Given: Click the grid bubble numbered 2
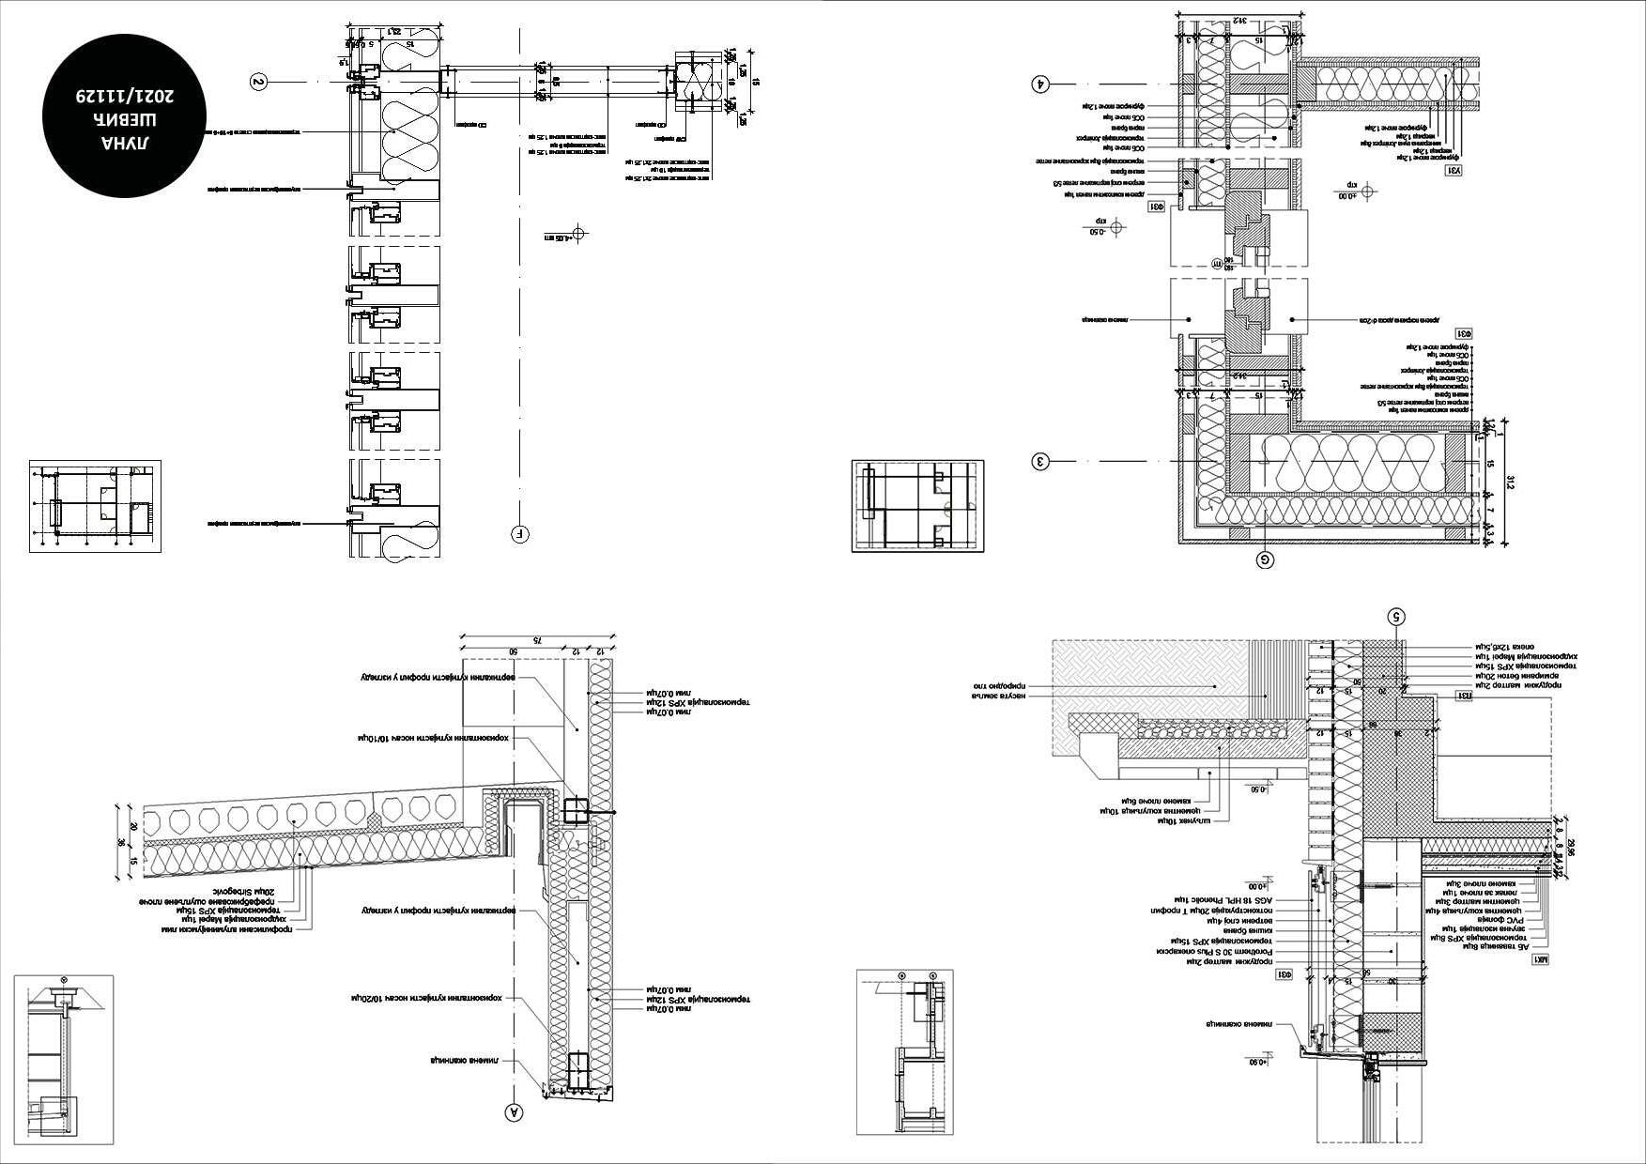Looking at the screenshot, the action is point(259,82).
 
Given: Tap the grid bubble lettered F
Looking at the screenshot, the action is point(520,535).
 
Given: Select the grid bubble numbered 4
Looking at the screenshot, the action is point(1039,83).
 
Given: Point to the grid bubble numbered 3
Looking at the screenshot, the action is point(1039,461).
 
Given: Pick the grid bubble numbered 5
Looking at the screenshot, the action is point(1397,617).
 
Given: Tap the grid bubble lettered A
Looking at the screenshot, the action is point(514,1112).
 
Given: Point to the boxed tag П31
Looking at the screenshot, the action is point(1463,696).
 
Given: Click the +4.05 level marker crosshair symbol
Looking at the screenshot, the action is point(578,232).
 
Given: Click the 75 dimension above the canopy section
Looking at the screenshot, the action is point(538,639).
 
